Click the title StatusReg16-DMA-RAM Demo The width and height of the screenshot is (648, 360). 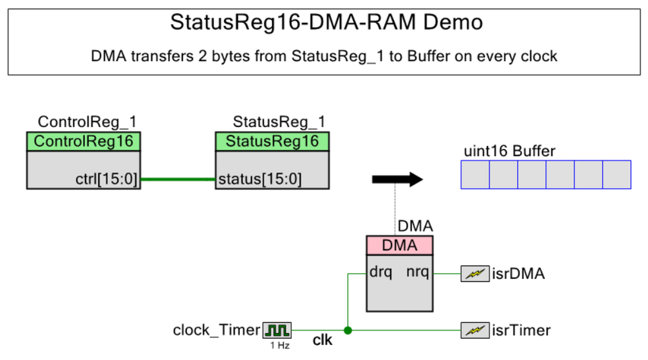tap(326, 22)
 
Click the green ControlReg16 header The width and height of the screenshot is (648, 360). tap(84, 141)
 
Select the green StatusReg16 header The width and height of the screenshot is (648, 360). tap(272, 141)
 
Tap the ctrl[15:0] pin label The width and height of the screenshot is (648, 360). tap(106, 179)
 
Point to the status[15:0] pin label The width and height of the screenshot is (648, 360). tap(260, 179)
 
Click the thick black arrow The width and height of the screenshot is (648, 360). tap(398, 180)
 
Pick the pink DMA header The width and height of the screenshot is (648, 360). tap(400, 245)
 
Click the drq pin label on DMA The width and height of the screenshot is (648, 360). tap(381, 272)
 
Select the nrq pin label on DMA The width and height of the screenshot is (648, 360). tap(417, 272)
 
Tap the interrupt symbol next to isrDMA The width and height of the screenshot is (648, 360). tap(475, 274)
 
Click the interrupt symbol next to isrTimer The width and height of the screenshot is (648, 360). tap(475, 330)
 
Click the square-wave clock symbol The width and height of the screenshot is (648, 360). tap(277, 330)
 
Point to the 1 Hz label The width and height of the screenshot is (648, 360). tap(280, 346)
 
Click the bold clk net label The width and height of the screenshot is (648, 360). tap(322, 340)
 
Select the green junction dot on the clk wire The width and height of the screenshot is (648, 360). tap(348, 330)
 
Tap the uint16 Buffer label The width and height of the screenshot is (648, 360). tap(510, 151)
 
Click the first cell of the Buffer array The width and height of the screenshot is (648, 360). tap(475, 175)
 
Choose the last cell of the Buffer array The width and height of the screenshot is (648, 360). tap(617, 175)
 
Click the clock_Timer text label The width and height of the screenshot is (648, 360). tap(217, 330)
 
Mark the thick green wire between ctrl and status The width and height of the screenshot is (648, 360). tap(178, 180)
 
